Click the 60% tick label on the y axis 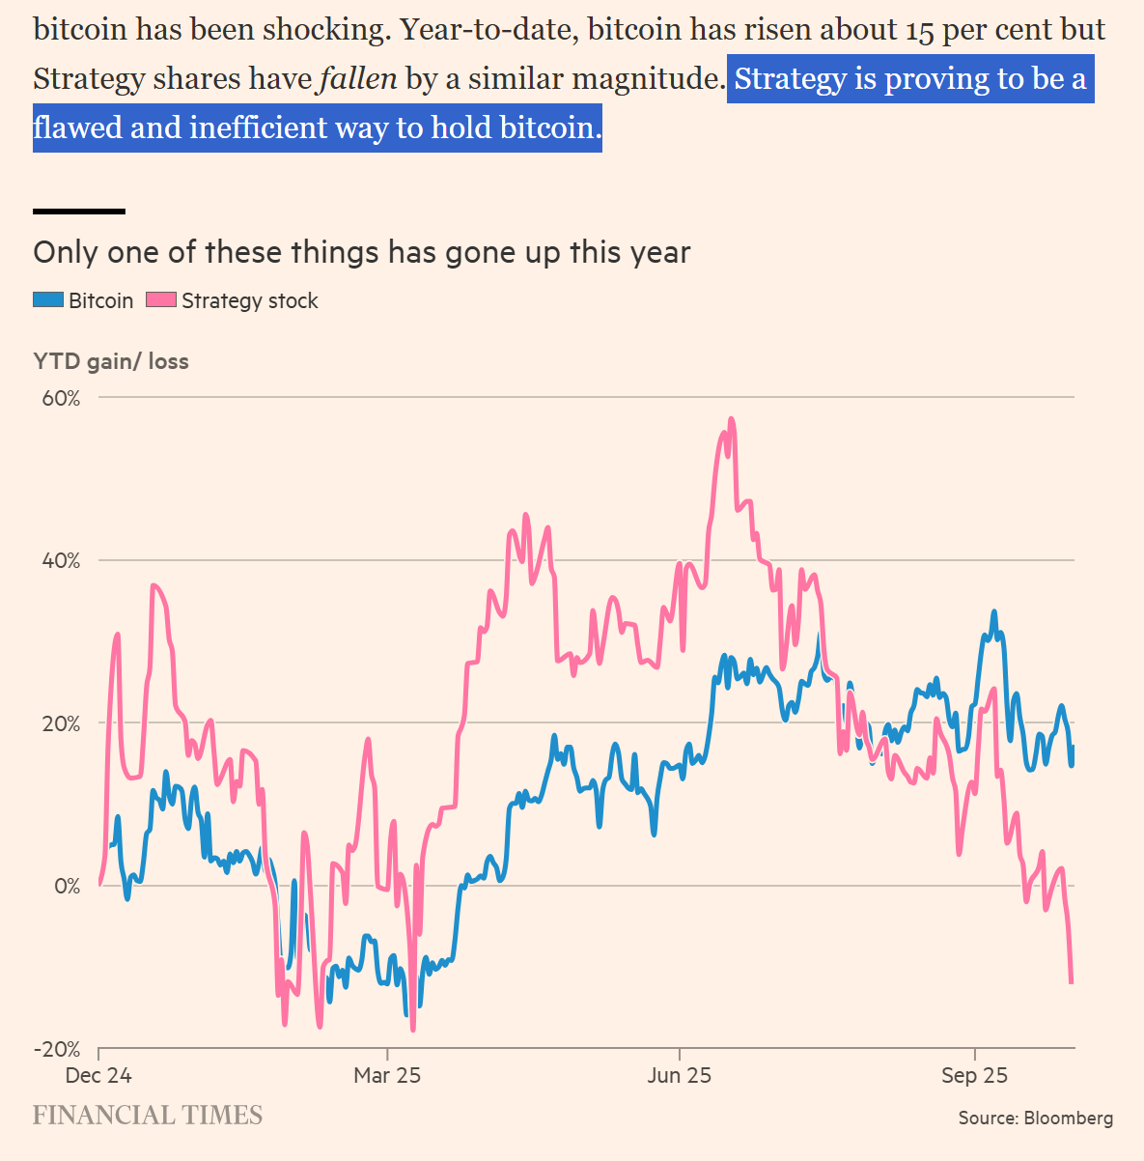[60, 398]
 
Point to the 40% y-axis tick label [60, 561]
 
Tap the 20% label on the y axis [60, 723]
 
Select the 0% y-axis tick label [67, 886]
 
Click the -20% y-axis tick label [57, 1049]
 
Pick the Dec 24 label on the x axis [98, 1076]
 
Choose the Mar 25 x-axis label [387, 1076]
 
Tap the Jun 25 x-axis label [679, 1076]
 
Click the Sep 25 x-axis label [974, 1076]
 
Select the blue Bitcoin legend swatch [48, 300]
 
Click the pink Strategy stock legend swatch [161, 300]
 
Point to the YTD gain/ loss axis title [111, 361]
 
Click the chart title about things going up [362, 253]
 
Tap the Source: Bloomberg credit [1035, 1119]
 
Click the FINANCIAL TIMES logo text [148, 1116]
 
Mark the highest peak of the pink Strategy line [731, 419]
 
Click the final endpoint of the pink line [1071, 982]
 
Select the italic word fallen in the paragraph [358, 78]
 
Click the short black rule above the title [79, 211]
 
